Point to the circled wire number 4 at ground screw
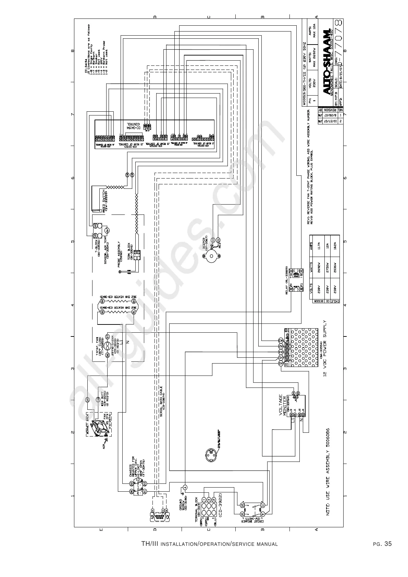185,487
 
